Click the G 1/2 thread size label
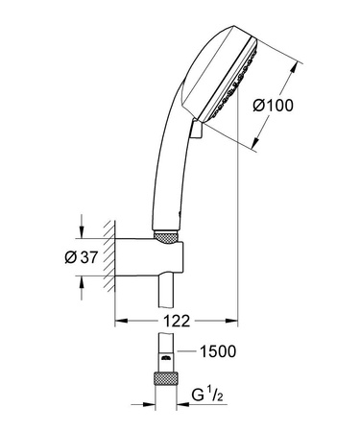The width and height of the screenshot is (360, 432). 224,392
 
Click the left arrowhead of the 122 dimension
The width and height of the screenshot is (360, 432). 120,320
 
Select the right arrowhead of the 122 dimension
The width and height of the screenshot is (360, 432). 232,320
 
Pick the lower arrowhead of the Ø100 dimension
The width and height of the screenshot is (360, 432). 256,146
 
